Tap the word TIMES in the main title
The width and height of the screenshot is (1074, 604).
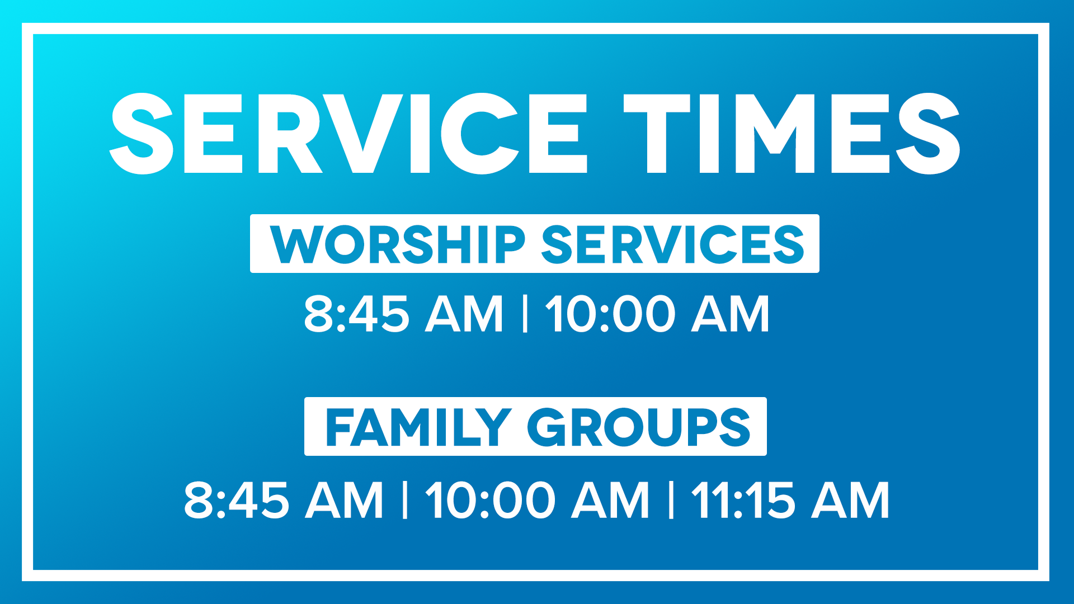792,134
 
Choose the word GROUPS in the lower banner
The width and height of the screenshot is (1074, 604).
639,427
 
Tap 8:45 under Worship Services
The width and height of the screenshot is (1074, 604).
356,314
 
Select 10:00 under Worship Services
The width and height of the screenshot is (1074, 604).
610,314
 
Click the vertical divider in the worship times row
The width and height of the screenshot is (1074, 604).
525,314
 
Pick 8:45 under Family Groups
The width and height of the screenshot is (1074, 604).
236,499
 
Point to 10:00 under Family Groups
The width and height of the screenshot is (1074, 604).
491,499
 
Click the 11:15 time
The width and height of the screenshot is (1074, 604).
743,499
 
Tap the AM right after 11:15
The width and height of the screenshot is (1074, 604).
851,499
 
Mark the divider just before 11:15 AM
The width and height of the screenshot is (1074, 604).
671,499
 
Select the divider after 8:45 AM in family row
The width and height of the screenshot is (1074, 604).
405,499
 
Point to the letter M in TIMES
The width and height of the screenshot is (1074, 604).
775,134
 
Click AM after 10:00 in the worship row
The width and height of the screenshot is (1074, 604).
731,314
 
